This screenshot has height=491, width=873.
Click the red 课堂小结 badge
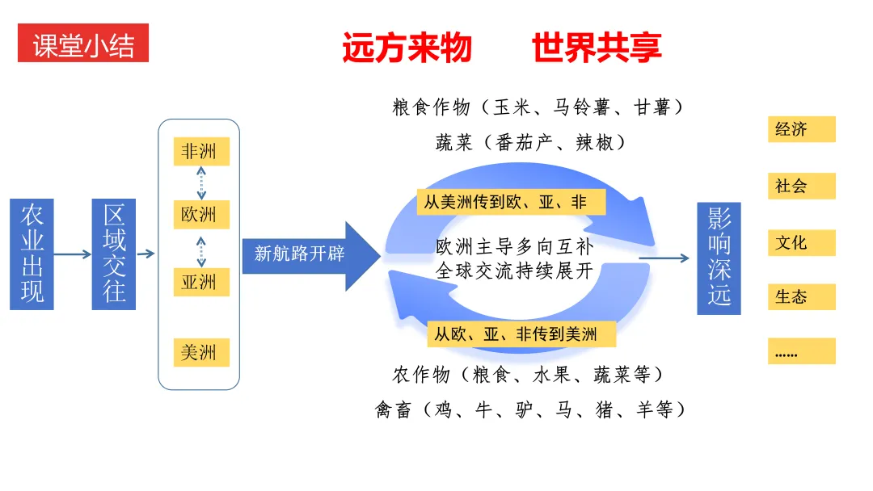click(83, 44)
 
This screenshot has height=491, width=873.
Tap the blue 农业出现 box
click(32, 254)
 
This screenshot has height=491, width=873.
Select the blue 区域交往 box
click(114, 254)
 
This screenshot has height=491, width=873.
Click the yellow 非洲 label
click(201, 151)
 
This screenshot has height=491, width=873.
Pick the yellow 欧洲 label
click(201, 216)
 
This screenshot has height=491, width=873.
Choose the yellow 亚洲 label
click(201, 282)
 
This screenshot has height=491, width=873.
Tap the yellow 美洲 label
click(201, 352)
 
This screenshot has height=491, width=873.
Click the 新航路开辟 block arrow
click(310, 254)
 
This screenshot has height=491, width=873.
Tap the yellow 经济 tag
click(801, 129)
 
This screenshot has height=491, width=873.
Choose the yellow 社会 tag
click(801, 186)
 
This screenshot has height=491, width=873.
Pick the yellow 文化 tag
click(801, 242)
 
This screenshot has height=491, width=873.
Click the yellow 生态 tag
click(801, 296)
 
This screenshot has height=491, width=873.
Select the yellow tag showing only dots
click(801, 351)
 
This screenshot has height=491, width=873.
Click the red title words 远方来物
click(407, 48)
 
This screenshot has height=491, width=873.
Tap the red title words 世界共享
click(597, 48)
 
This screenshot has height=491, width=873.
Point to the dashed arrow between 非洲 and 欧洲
click(201, 183)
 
